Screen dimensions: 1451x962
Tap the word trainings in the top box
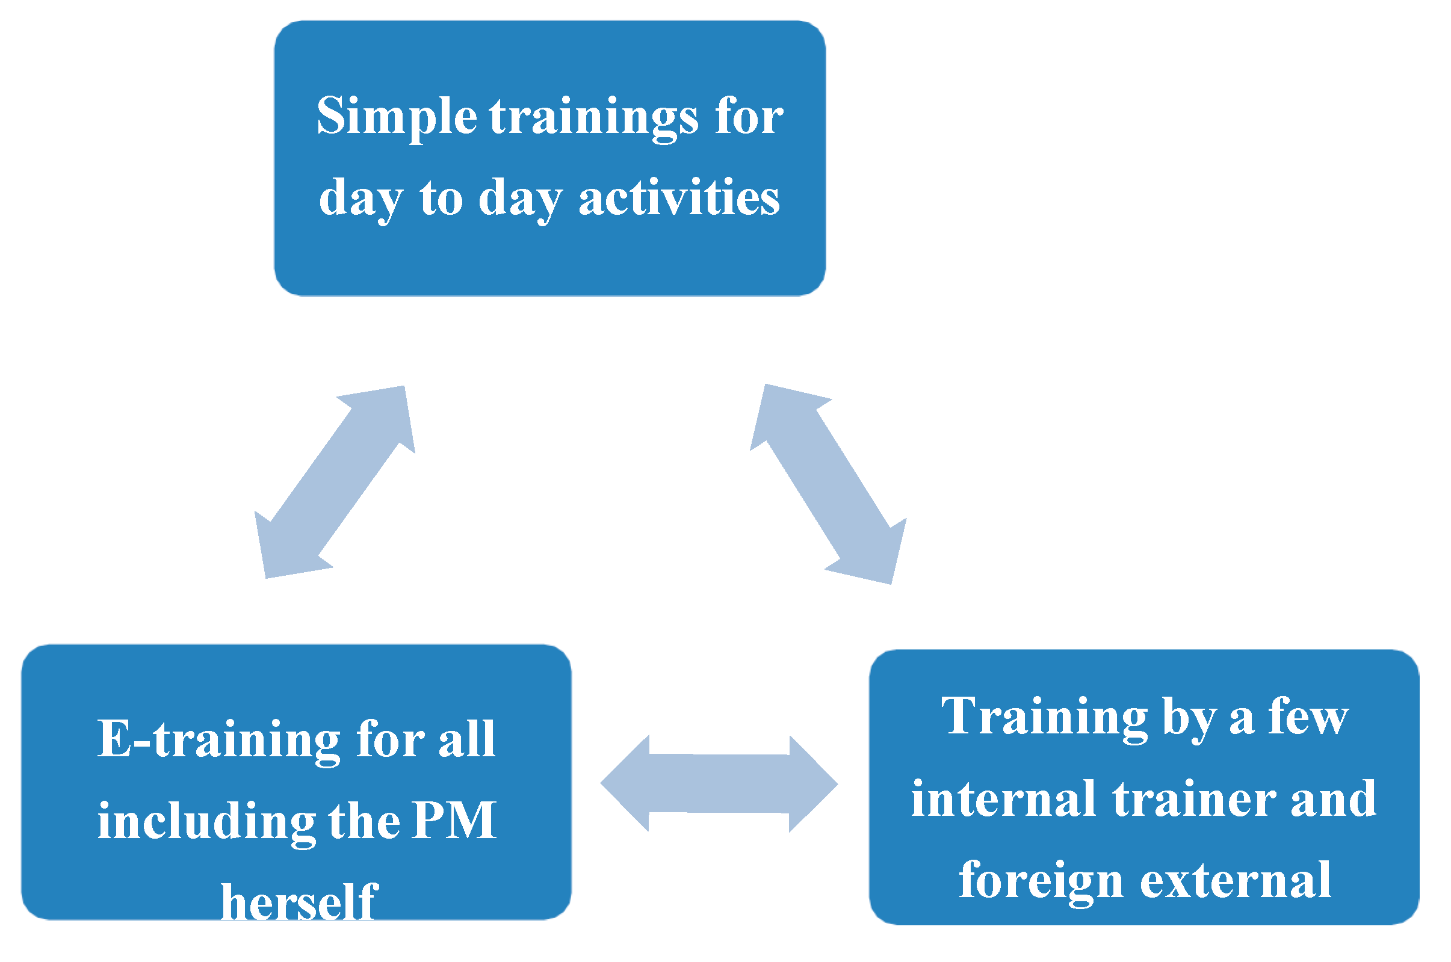tap(594, 119)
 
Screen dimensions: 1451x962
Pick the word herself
tap(299, 901)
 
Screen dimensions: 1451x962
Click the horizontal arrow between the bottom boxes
tap(719, 783)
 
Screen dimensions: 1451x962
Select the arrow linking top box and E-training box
tap(335, 483)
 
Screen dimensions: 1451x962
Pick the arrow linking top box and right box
tap(828, 484)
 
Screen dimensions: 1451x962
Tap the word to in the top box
tap(441, 198)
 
